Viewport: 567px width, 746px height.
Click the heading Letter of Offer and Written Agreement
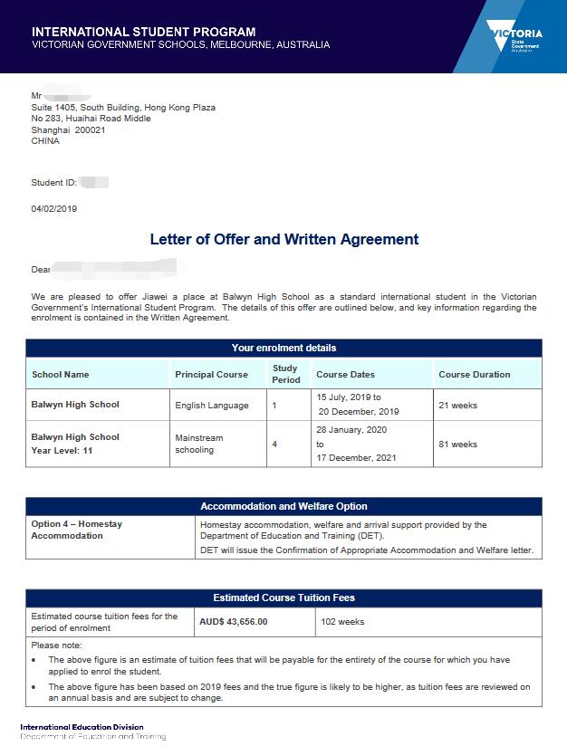(283, 239)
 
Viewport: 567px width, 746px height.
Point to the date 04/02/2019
(54, 209)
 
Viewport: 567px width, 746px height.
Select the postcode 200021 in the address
(89, 129)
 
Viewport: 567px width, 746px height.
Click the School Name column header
(61, 374)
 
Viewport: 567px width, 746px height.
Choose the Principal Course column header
(211, 374)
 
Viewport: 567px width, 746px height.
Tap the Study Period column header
(286, 374)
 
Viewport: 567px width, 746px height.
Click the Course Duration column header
(475, 374)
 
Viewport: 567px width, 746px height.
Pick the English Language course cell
(212, 405)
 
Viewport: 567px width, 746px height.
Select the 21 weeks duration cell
(457, 405)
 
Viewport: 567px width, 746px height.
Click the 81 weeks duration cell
(457, 445)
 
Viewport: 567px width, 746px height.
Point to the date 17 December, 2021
(356, 458)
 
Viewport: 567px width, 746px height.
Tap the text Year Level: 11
(62, 451)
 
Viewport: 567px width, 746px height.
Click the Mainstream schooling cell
(199, 444)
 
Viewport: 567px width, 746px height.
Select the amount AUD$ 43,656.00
(234, 622)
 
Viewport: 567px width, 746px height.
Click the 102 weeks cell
(342, 622)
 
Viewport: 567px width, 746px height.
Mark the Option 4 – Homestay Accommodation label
(77, 530)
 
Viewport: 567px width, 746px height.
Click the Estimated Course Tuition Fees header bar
(283, 598)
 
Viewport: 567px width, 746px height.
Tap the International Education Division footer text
(82, 727)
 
